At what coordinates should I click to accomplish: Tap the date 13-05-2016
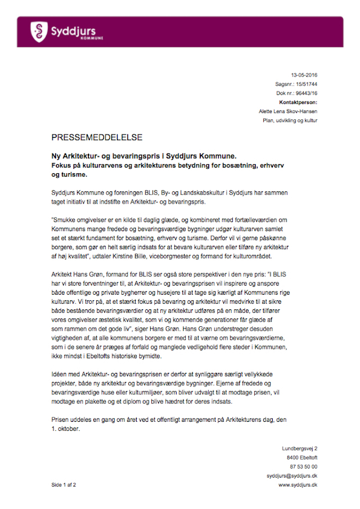coord(304,75)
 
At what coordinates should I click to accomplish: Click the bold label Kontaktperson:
coord(298,102)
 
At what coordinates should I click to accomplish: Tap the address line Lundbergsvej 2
coord(299,448)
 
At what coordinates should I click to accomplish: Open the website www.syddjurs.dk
coord(298,485)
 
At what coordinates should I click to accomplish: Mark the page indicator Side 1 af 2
coord(64,485)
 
